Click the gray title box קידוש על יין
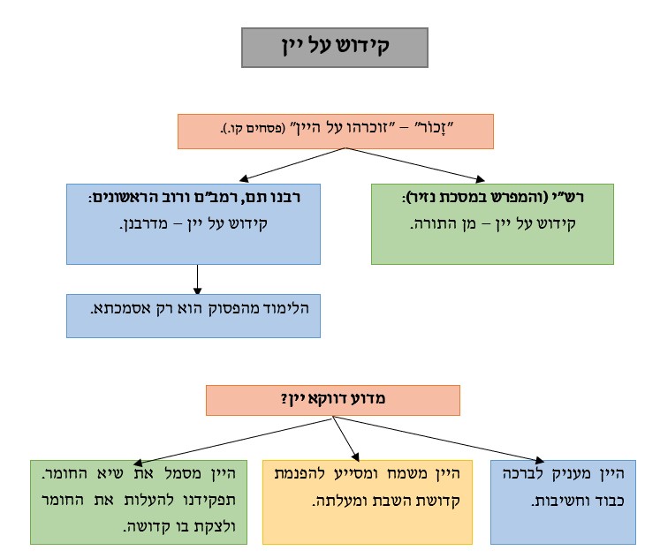[x=334, y=48]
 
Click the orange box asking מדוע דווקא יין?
[x=332, y=400]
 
